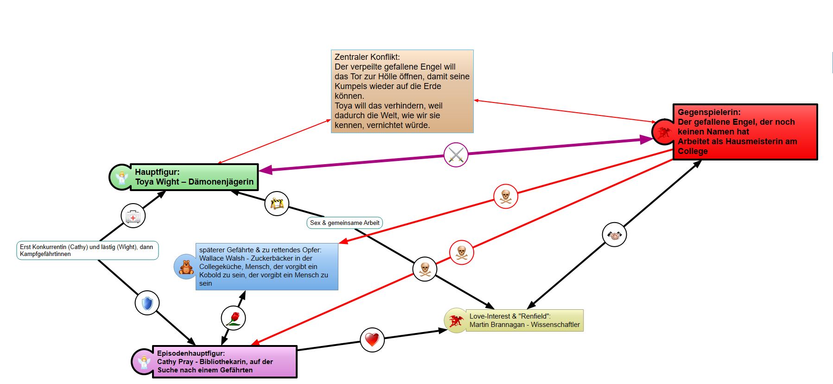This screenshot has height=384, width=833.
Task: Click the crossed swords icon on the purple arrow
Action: (456, 155)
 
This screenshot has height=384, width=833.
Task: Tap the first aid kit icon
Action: (133, 216)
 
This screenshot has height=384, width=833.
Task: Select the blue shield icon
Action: (147, 303)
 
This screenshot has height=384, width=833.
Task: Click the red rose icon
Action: (233, 318)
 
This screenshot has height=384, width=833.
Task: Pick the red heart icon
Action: (372, 340)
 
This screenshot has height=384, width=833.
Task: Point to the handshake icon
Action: (614, 235)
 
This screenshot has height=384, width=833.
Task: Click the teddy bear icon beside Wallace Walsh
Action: (186, 267)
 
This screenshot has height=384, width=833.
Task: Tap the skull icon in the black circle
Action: (425, 269)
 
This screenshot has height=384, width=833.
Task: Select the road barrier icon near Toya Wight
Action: (277, 203)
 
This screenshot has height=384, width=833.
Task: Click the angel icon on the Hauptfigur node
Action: (122, 178)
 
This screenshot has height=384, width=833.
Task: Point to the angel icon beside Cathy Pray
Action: (145, 362)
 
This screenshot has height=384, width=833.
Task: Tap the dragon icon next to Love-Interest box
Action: (456, 320)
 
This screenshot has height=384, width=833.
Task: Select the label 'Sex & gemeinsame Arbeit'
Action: (344, 223)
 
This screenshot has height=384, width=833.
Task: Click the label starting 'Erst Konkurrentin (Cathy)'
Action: (88, 250)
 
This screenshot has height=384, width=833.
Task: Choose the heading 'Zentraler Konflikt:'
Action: (367, 57)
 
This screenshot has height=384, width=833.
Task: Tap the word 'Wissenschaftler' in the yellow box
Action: (555, 325)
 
